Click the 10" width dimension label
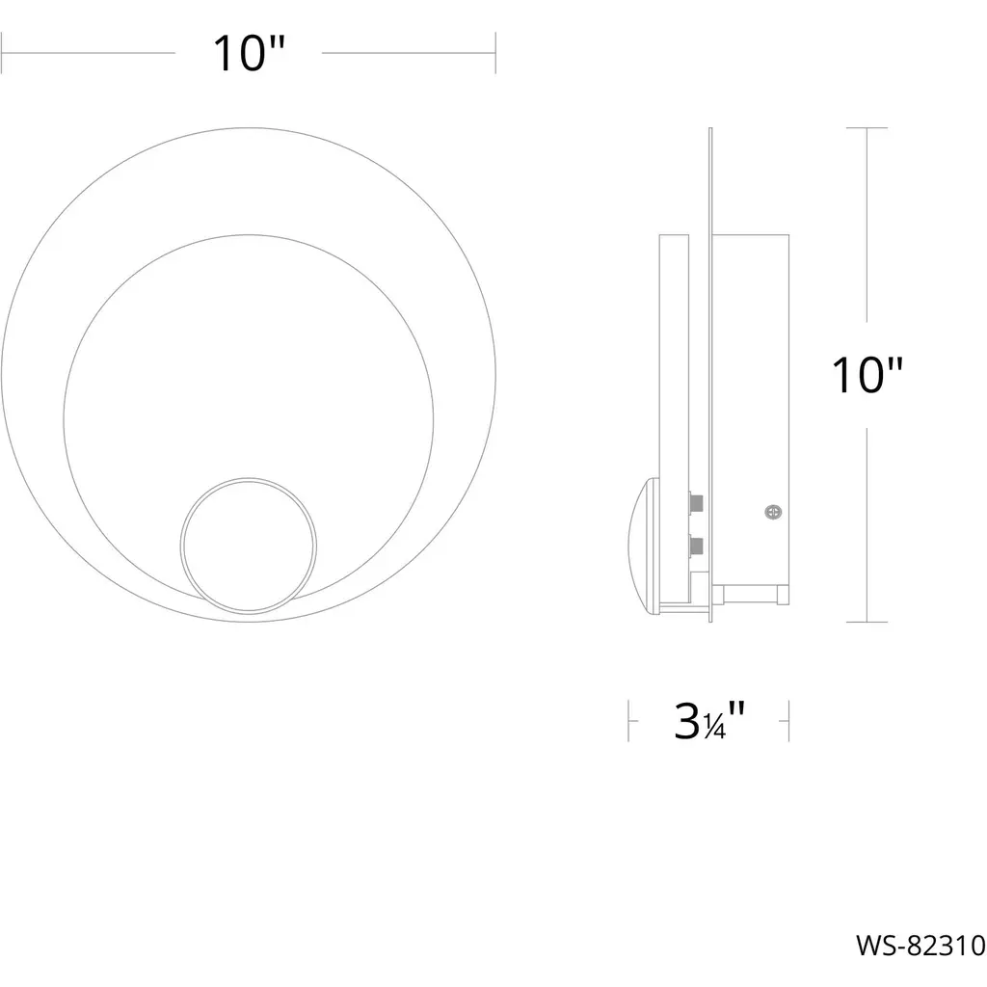click(x=250, y=54)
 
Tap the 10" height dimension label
click(x=867, y=375)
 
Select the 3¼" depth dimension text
click(x=709, y=721)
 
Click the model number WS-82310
click(x=920, y=945)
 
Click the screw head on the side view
click(x=773, y=512)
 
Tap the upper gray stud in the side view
click(x=696, y=503)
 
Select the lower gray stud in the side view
click(x=696, y=545)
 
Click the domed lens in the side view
click(x=643, y=546)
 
